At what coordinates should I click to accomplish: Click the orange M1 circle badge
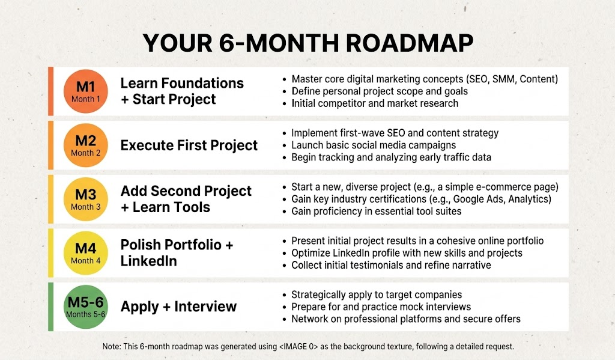[86, 91]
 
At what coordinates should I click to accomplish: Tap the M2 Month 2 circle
[86, 145]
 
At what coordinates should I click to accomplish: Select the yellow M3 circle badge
[86, 199]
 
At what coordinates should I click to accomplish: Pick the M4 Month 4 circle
[86, 252]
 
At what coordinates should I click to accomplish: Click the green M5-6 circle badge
[86, 307]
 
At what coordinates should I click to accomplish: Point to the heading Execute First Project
[189, 145]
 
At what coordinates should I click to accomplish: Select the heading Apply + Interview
[178, 307]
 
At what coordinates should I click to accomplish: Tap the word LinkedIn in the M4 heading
[148, 261]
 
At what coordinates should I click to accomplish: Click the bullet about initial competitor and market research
[375, 103]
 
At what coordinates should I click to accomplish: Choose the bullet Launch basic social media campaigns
[374, 145]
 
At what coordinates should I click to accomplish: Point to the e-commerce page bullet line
[425, 187]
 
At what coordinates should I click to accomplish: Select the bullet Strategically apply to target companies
[377, 295]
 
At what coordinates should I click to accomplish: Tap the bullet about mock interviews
[381, 307]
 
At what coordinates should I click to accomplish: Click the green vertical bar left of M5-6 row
[51, 307]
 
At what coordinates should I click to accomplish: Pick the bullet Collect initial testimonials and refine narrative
[391, 265]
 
